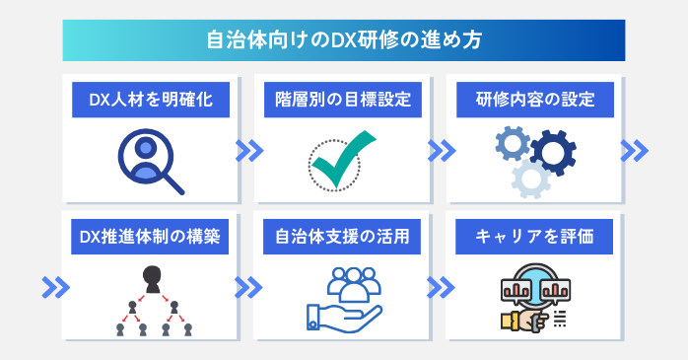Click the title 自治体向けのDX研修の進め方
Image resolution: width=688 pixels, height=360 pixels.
343,41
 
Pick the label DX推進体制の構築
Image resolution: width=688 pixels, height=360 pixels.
151,237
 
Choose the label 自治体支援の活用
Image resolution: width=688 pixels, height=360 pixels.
343,237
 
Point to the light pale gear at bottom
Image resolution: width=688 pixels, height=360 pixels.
530,178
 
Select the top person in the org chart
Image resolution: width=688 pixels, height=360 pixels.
151,275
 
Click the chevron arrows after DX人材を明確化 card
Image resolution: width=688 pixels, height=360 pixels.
248,150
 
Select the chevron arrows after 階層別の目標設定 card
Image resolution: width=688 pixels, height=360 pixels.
441,150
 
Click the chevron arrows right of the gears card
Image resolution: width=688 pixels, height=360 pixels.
634,150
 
